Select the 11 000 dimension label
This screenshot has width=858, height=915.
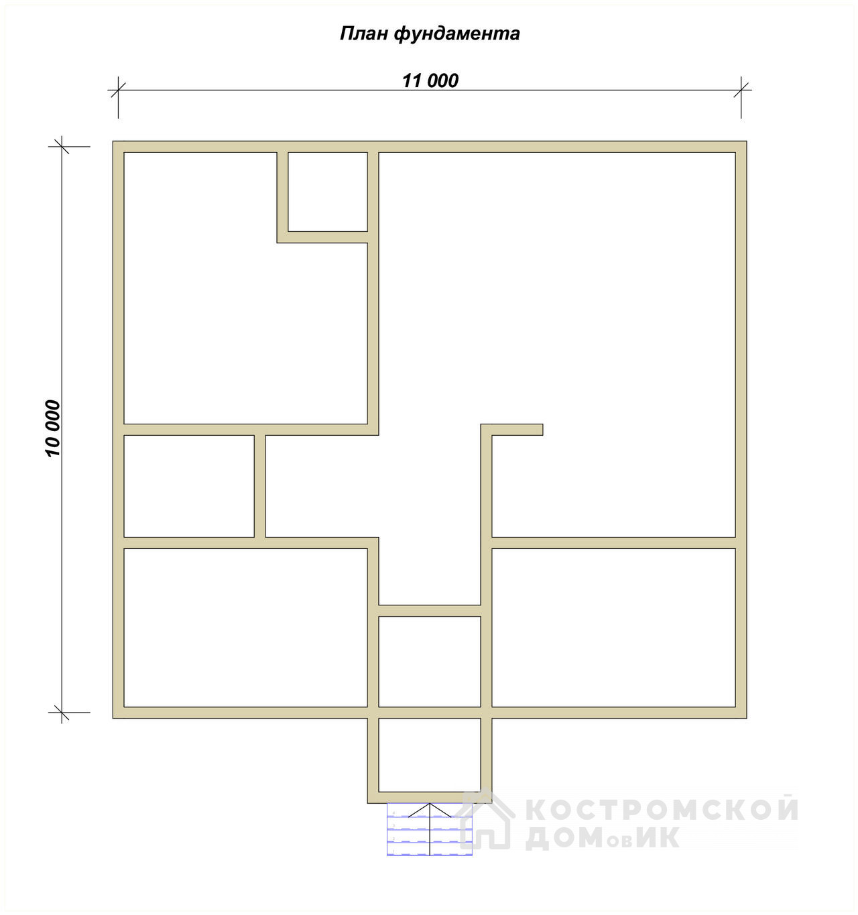tap(430, 80)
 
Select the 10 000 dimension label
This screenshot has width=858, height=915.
tap(53, 428)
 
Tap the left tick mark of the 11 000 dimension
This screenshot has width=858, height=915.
tap(119, 90)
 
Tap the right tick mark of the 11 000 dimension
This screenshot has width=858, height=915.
tap(741, 90)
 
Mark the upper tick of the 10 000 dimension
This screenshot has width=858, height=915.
tap(62, 147)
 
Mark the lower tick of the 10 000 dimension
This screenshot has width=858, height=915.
tap(62, 713)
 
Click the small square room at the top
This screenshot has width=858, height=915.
tap(328, 192)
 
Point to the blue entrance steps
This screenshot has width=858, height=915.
tap(430, 829)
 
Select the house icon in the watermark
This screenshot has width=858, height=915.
tap(487, 820)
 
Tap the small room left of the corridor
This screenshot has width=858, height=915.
tap(189, 486)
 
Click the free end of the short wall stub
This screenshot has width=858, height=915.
tap(542, 430)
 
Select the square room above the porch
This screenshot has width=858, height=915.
tap(430, 662)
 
